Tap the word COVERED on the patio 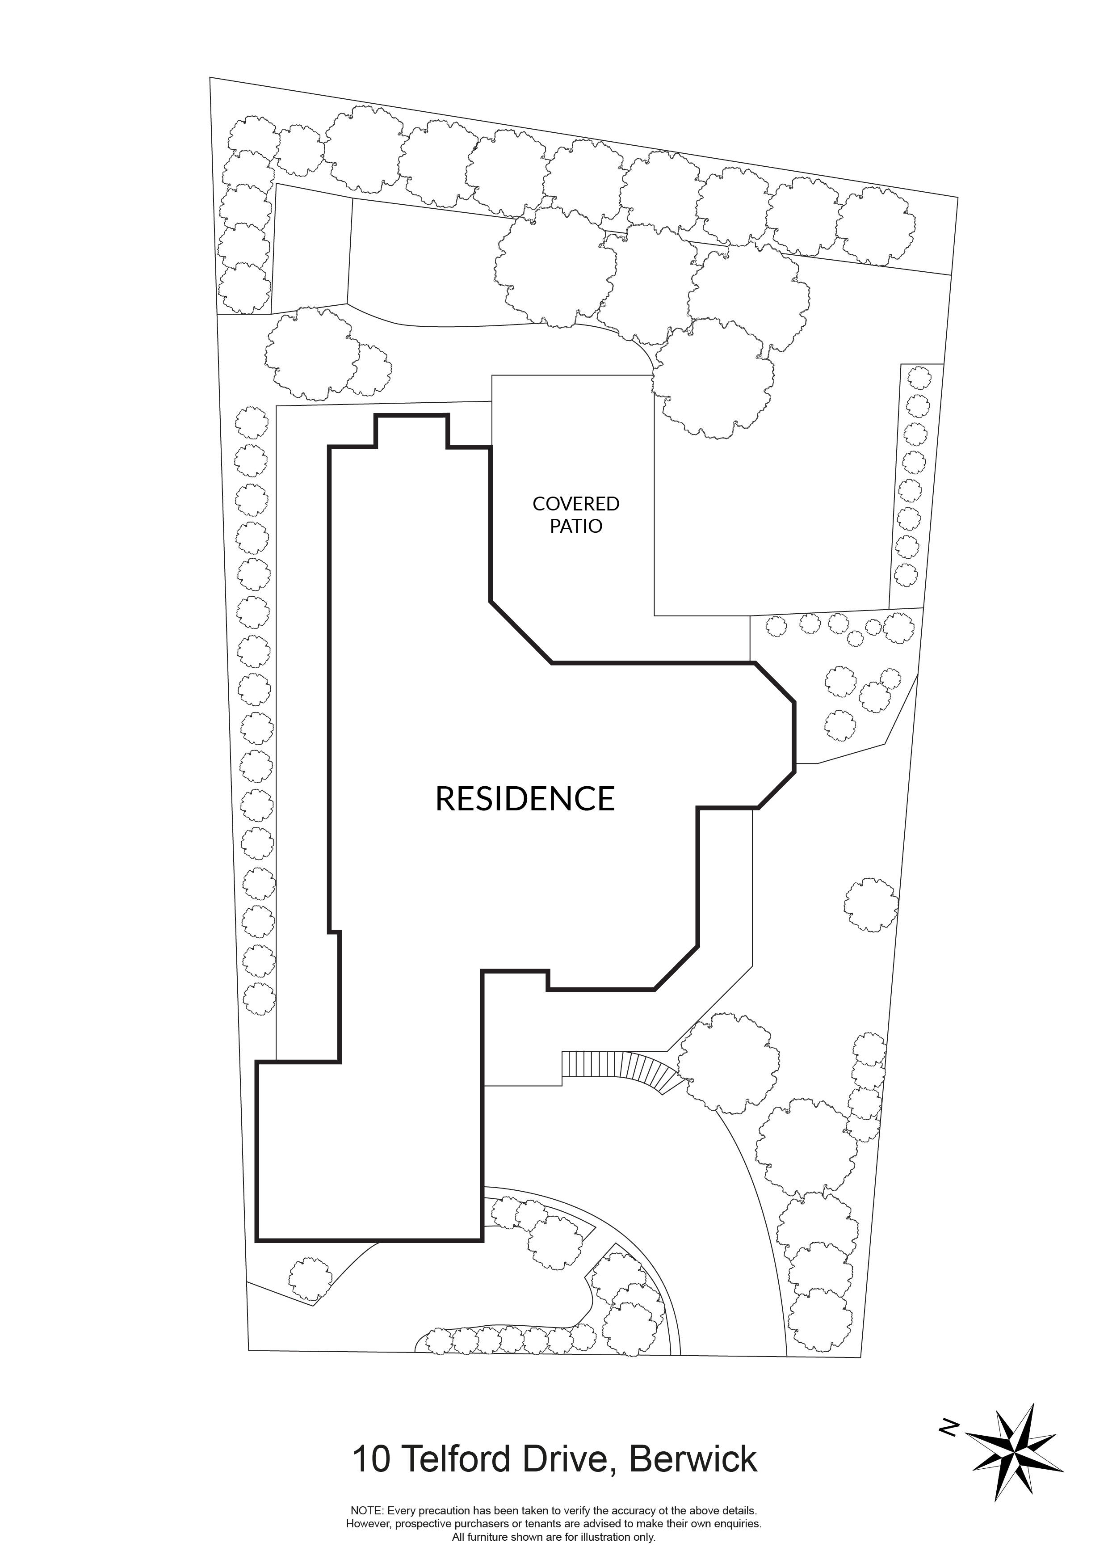[575, 504]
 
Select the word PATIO [575, 527]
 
